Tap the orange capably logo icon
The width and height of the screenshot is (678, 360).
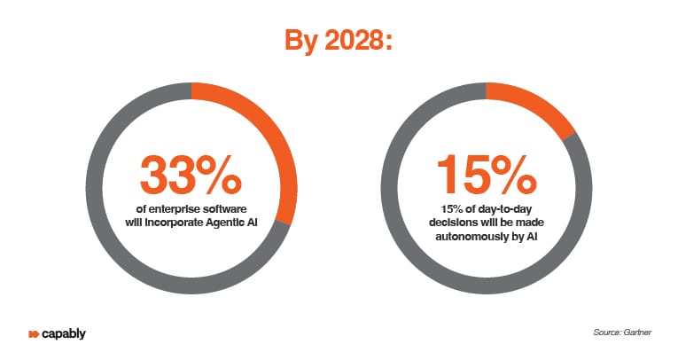coord(34,334)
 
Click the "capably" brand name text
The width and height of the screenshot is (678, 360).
coord(64,334)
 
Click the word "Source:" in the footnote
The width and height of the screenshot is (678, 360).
coord(606,333)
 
